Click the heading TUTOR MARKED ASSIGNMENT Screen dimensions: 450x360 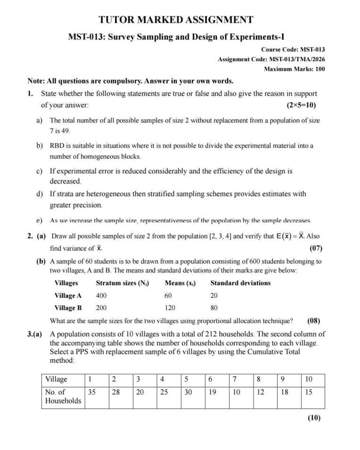tap(176, 20)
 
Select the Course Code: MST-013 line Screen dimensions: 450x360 tap(293, 49)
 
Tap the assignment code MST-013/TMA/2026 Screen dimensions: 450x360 tap(296, 59)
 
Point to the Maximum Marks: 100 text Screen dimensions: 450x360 tap(294, 69)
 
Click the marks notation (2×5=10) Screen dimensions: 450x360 tap(301, 105)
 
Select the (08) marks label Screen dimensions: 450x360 tap(314, 321)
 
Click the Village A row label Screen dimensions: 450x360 tap(68, 295)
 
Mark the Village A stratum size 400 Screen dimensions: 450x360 tap(101, 295)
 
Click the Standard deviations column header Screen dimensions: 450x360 tap(240, 283)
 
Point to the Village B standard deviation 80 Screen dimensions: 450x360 tap(214, 308)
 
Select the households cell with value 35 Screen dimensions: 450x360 tap(92, 392)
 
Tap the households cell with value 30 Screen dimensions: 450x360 tap(188, 392)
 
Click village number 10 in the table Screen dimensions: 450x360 tap(309, 379)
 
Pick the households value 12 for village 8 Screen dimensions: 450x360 tap(260, 392)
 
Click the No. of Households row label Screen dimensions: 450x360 tap(63, 396)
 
